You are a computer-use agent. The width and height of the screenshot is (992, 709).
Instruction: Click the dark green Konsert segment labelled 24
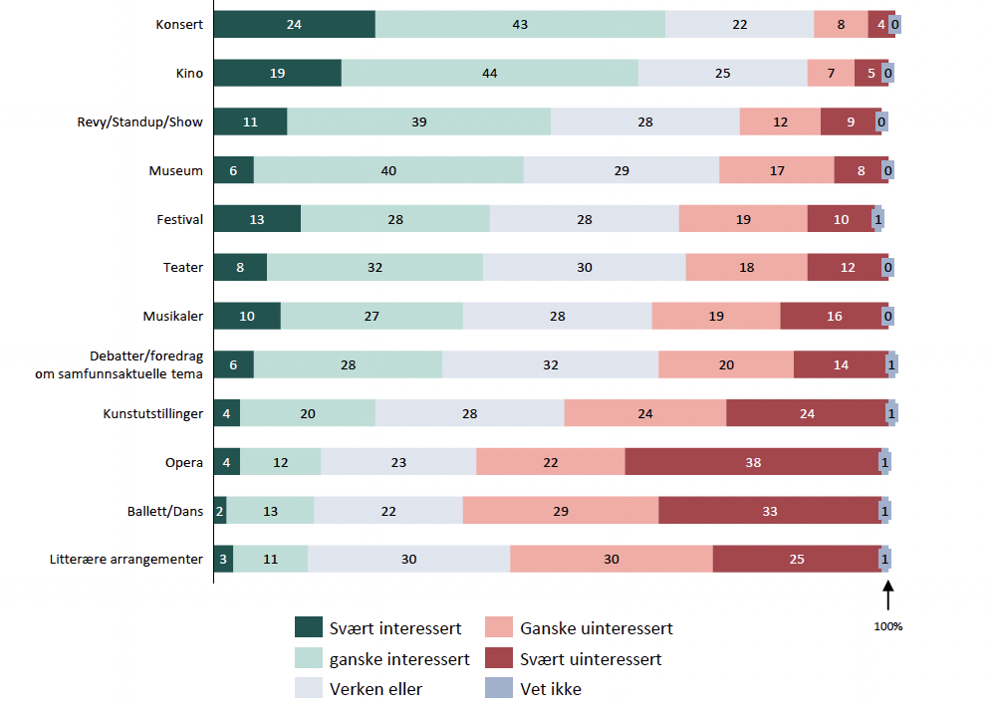294,24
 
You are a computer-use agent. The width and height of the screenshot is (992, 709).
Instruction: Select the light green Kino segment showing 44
490,73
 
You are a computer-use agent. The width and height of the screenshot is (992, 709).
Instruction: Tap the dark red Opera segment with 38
753,462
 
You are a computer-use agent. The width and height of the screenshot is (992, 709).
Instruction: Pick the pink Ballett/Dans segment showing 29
561,511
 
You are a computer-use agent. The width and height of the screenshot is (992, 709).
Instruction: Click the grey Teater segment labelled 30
584,267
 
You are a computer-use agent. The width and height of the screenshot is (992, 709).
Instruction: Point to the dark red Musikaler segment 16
834,316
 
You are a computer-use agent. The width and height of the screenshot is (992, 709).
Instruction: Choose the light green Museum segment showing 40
388,170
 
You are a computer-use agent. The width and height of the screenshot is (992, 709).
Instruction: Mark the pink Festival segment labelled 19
743,219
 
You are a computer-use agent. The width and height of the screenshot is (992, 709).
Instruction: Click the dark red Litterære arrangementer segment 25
797,559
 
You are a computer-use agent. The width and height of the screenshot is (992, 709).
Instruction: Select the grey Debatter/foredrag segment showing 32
551,364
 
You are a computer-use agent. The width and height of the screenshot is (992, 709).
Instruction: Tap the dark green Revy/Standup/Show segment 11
251,121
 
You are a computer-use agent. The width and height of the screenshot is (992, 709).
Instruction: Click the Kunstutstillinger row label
153,413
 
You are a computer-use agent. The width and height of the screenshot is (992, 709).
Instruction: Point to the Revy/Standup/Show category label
139,122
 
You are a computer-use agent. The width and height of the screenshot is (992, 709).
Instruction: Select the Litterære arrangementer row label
126,559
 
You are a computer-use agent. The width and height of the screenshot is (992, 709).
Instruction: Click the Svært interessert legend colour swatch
309,627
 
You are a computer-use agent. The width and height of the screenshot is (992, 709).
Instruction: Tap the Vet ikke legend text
551,689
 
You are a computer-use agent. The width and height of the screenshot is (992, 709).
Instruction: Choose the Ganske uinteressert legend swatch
499,627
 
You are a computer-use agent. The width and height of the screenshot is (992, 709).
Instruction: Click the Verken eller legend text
375,689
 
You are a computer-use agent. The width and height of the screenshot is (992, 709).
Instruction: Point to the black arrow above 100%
888,595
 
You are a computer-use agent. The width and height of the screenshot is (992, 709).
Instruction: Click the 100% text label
888,626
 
